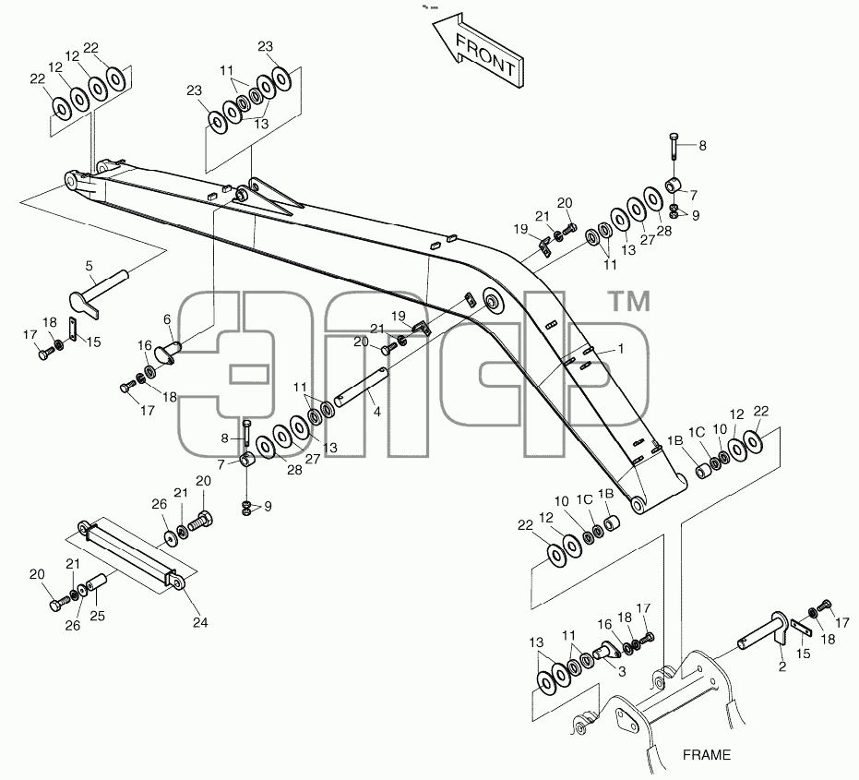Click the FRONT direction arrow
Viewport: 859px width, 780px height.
point(478,54)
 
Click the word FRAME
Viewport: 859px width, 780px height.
point(706,755)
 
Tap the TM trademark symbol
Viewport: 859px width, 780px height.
point(630,302)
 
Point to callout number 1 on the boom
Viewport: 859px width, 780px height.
point(621,349)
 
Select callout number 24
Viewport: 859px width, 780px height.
point(200,623)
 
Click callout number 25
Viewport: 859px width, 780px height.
point(97,616)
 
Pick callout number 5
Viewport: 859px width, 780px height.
point(89,266)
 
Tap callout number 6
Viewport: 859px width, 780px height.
point(167,319)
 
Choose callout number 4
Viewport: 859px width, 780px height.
point(376,412)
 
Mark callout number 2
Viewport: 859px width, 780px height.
point(782,666)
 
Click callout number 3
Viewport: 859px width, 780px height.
point(622,671)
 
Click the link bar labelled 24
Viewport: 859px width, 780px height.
point(131,556)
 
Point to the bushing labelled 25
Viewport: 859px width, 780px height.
point(95,582)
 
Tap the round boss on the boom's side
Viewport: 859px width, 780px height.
point(493,301)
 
